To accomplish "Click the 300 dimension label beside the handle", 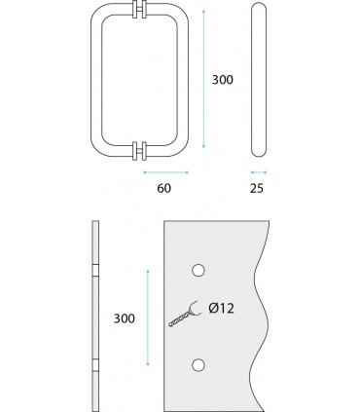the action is pyautogui.click(x=223, y=80).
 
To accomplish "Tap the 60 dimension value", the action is pyautogui.click(x=163, y=188).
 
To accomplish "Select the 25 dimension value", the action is pyautogui.click(x=257, y=188).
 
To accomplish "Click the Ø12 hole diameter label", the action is pyautogui.click(x=222, y=308).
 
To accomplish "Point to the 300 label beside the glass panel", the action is pyautogui.click(x=125, y=318).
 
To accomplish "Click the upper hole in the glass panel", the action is pyautogui.click(x=198, y=271).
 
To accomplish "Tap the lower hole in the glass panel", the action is pyautogui.click(x=198, y=365).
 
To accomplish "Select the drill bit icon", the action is pyautogui.click(x=184, y=315).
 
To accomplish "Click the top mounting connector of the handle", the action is pyautogui.click(x=139, y=10).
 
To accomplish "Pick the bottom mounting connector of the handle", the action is pyautogui.click(x=139, y=151).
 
